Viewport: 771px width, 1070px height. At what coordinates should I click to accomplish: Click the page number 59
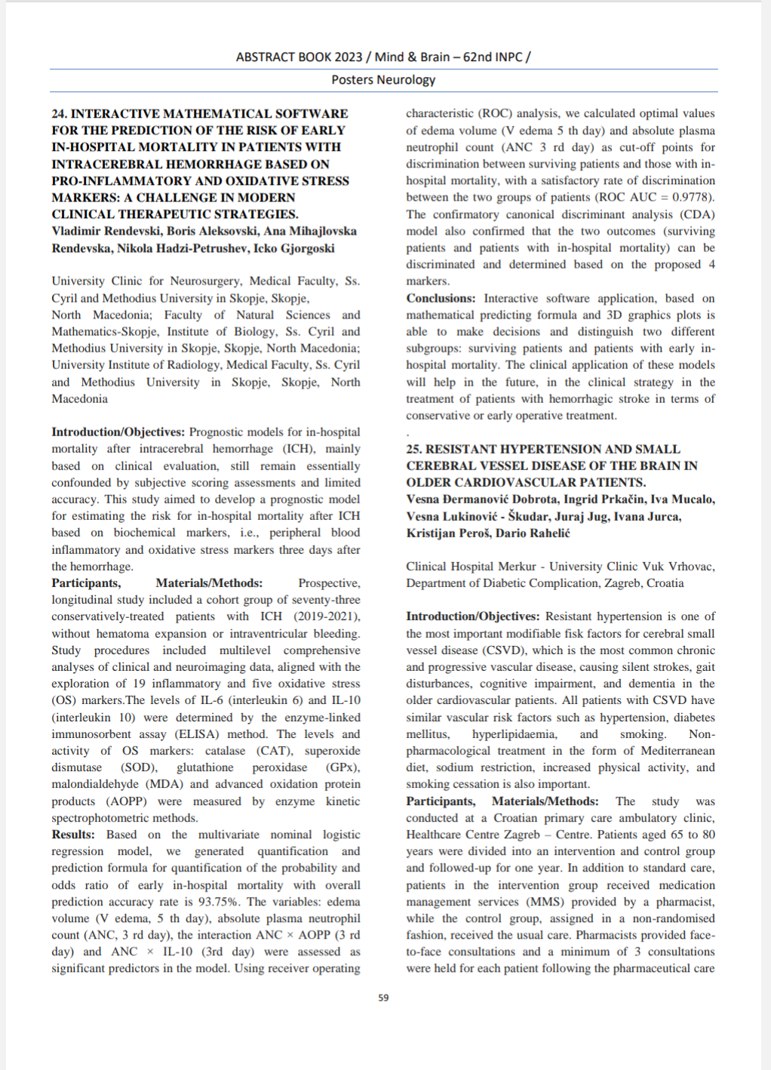(383, 998)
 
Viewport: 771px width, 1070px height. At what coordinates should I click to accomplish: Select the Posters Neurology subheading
(383, 79)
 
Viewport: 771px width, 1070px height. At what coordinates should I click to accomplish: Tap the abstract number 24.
(59, 114)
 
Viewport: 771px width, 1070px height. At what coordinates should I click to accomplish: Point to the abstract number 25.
(413, 449)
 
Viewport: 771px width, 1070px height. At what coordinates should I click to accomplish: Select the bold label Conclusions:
(441, 298)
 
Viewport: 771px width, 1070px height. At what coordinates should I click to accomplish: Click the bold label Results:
(73, 835)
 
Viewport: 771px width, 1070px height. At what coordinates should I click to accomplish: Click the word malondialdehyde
(96, 784)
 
